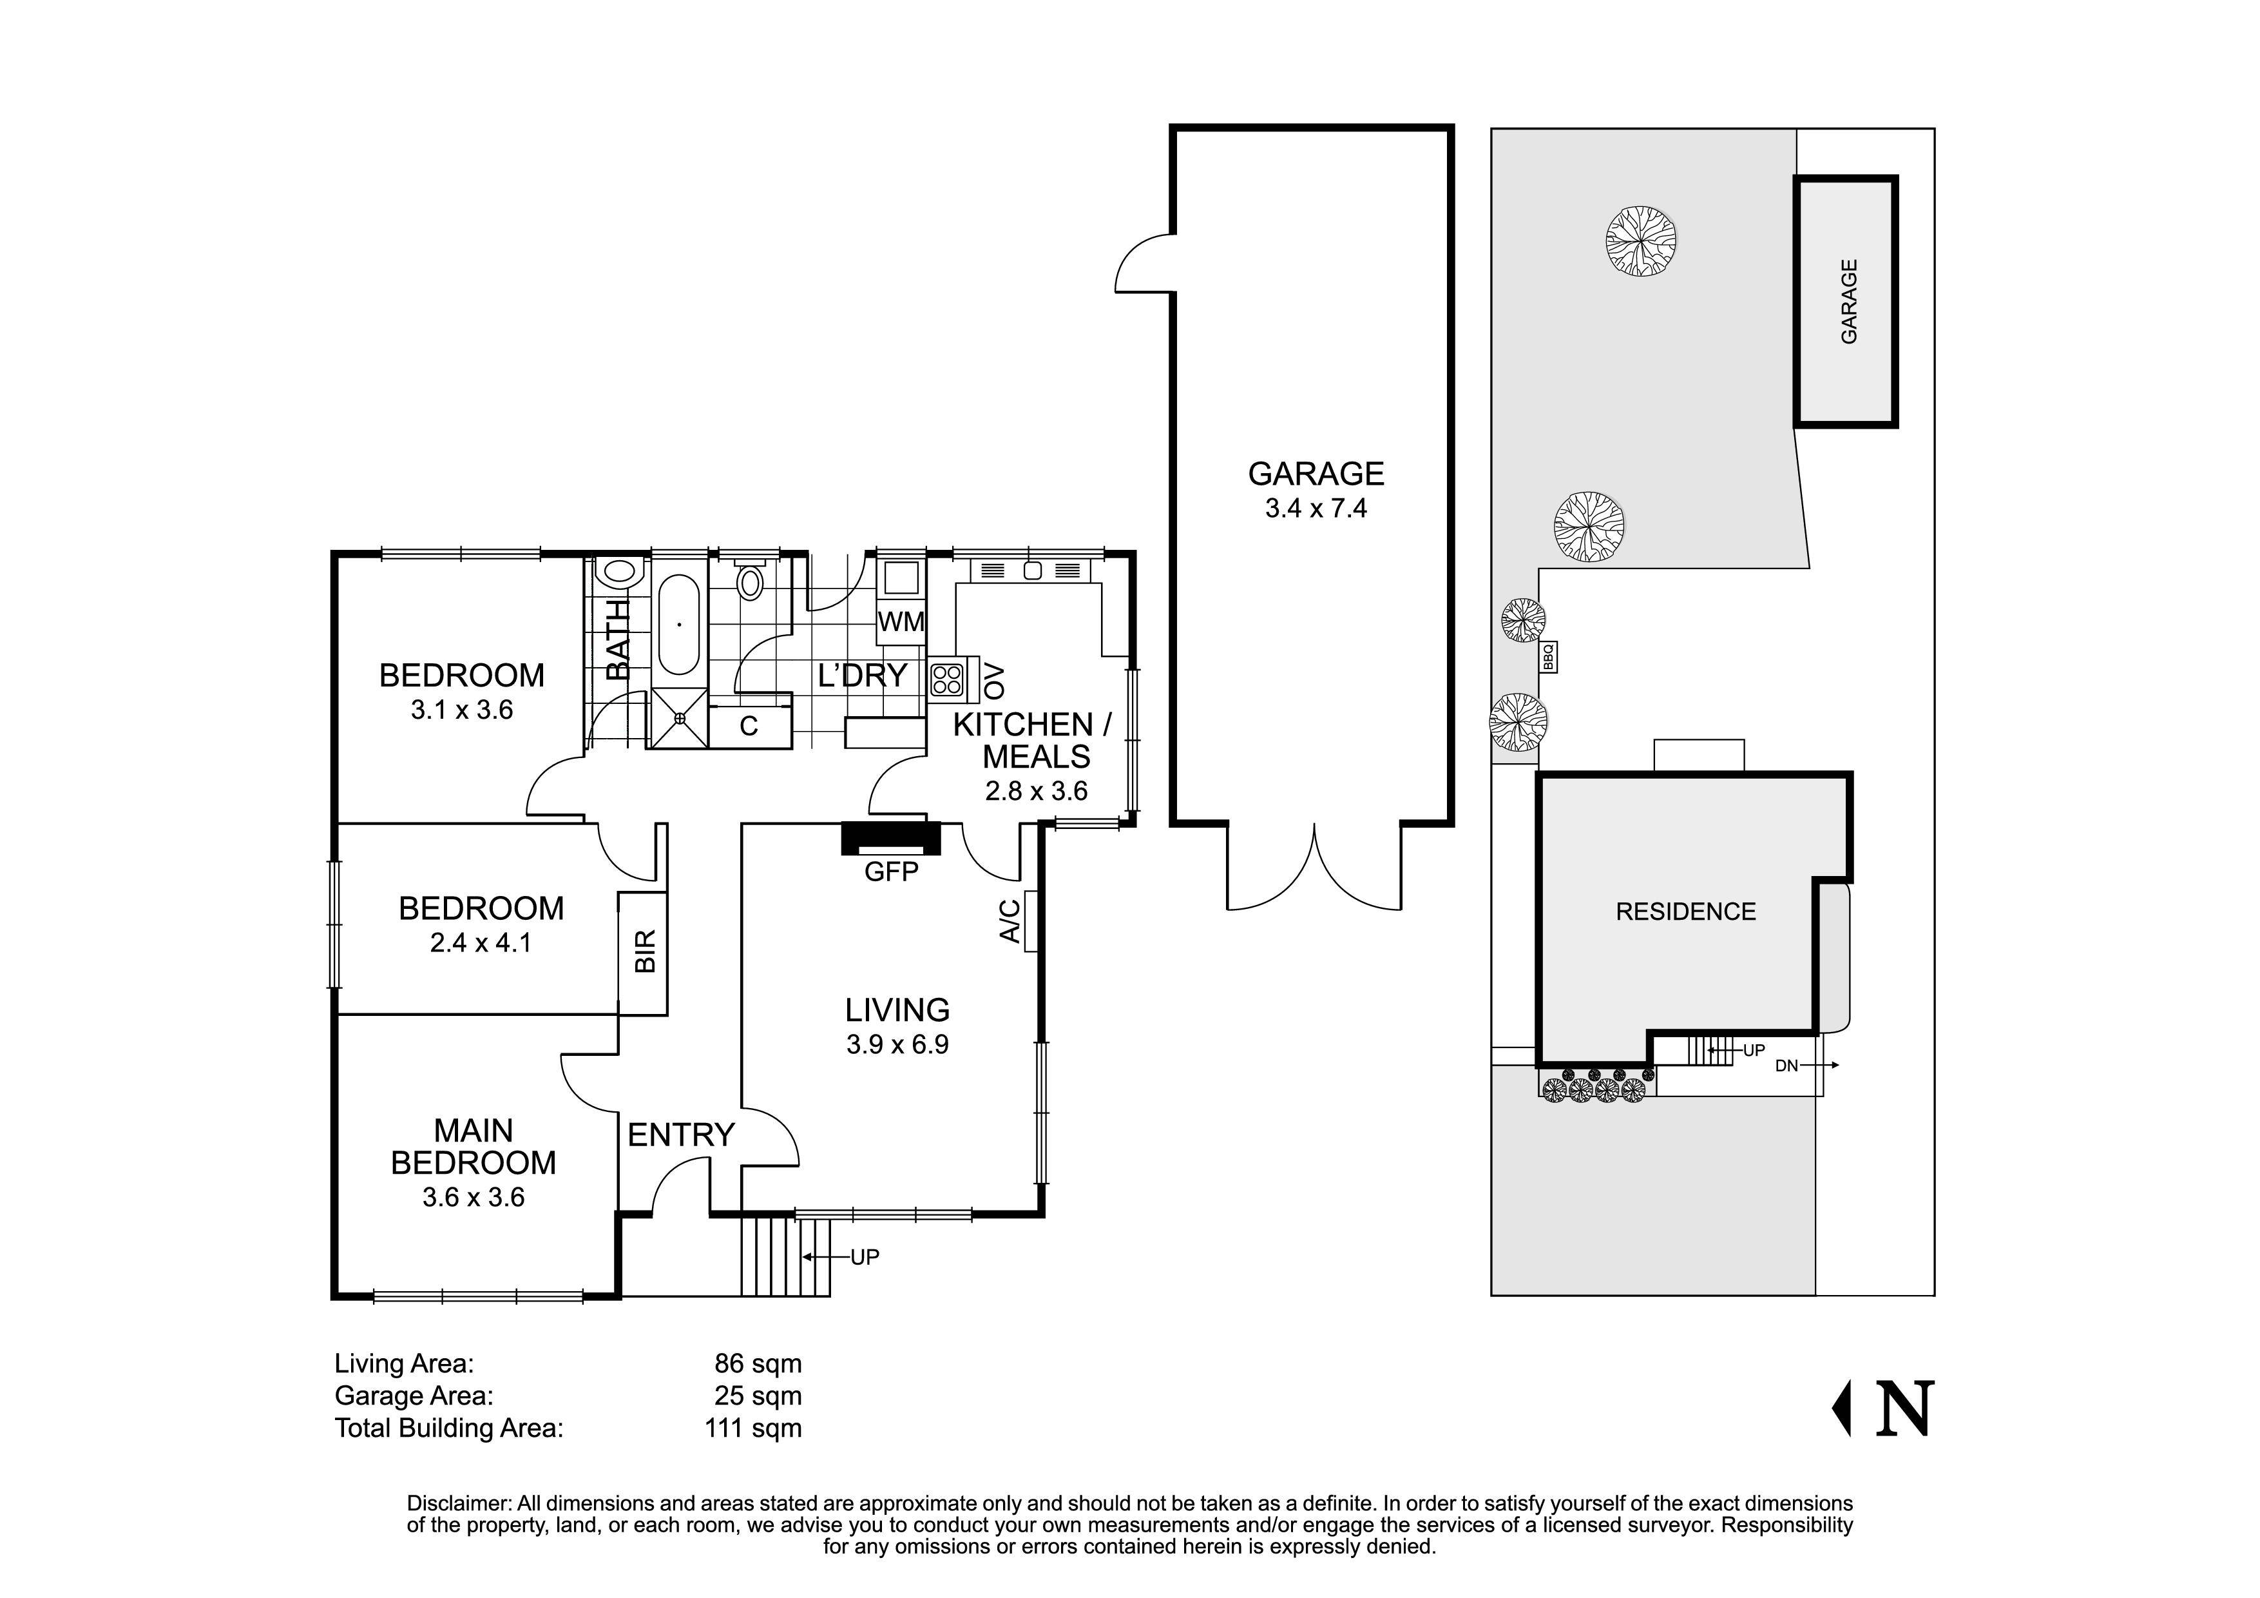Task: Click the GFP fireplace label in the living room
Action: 891,872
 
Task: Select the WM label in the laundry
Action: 901,622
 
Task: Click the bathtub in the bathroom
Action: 678,624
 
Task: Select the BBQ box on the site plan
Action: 1547,657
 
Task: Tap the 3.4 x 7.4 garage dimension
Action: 1316,509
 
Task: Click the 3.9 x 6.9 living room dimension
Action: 897,1045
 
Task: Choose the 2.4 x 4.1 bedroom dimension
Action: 481,943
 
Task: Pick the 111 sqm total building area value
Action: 753,1428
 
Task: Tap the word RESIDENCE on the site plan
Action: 1686,911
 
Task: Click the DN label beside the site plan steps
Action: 1786,1066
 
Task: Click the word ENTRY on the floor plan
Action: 681,1135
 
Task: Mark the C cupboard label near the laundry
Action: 749,726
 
